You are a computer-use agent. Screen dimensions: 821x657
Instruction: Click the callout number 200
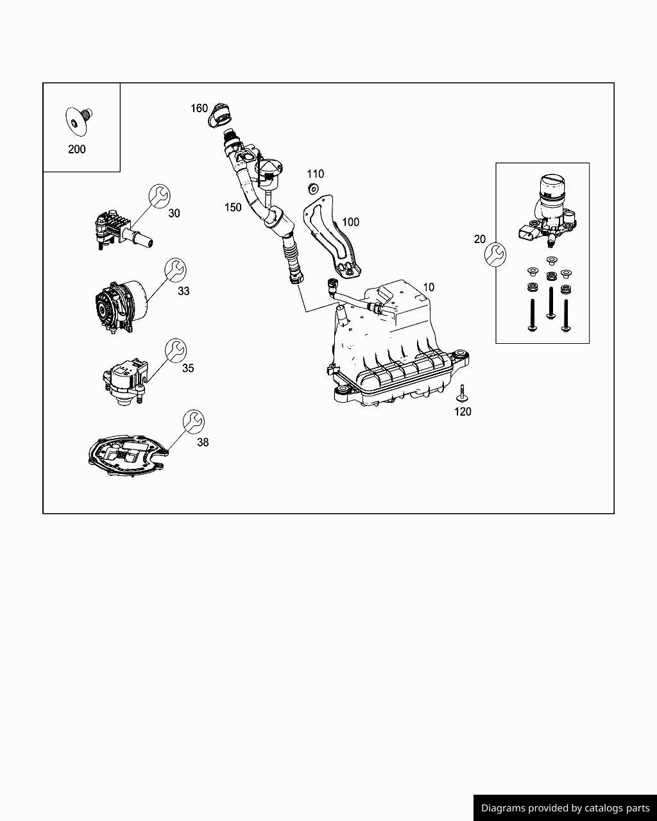coord(76,149)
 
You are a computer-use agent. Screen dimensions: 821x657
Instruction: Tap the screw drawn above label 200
coord(78,120)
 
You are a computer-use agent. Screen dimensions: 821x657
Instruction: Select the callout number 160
coord(199,108)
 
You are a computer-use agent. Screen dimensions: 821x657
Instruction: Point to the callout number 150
coord(233,207)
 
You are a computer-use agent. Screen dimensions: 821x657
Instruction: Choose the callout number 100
coord(350,222)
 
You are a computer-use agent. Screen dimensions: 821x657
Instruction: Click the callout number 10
coord(428,287)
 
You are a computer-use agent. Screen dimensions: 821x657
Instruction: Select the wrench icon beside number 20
coord(495,254)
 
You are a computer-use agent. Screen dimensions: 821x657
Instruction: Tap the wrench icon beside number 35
coord(175,350)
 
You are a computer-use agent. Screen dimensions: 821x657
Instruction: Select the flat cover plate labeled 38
coord(126,457)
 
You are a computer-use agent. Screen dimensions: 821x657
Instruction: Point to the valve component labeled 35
coord(124,381)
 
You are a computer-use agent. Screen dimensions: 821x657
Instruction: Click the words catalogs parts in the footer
coord(616,808)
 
